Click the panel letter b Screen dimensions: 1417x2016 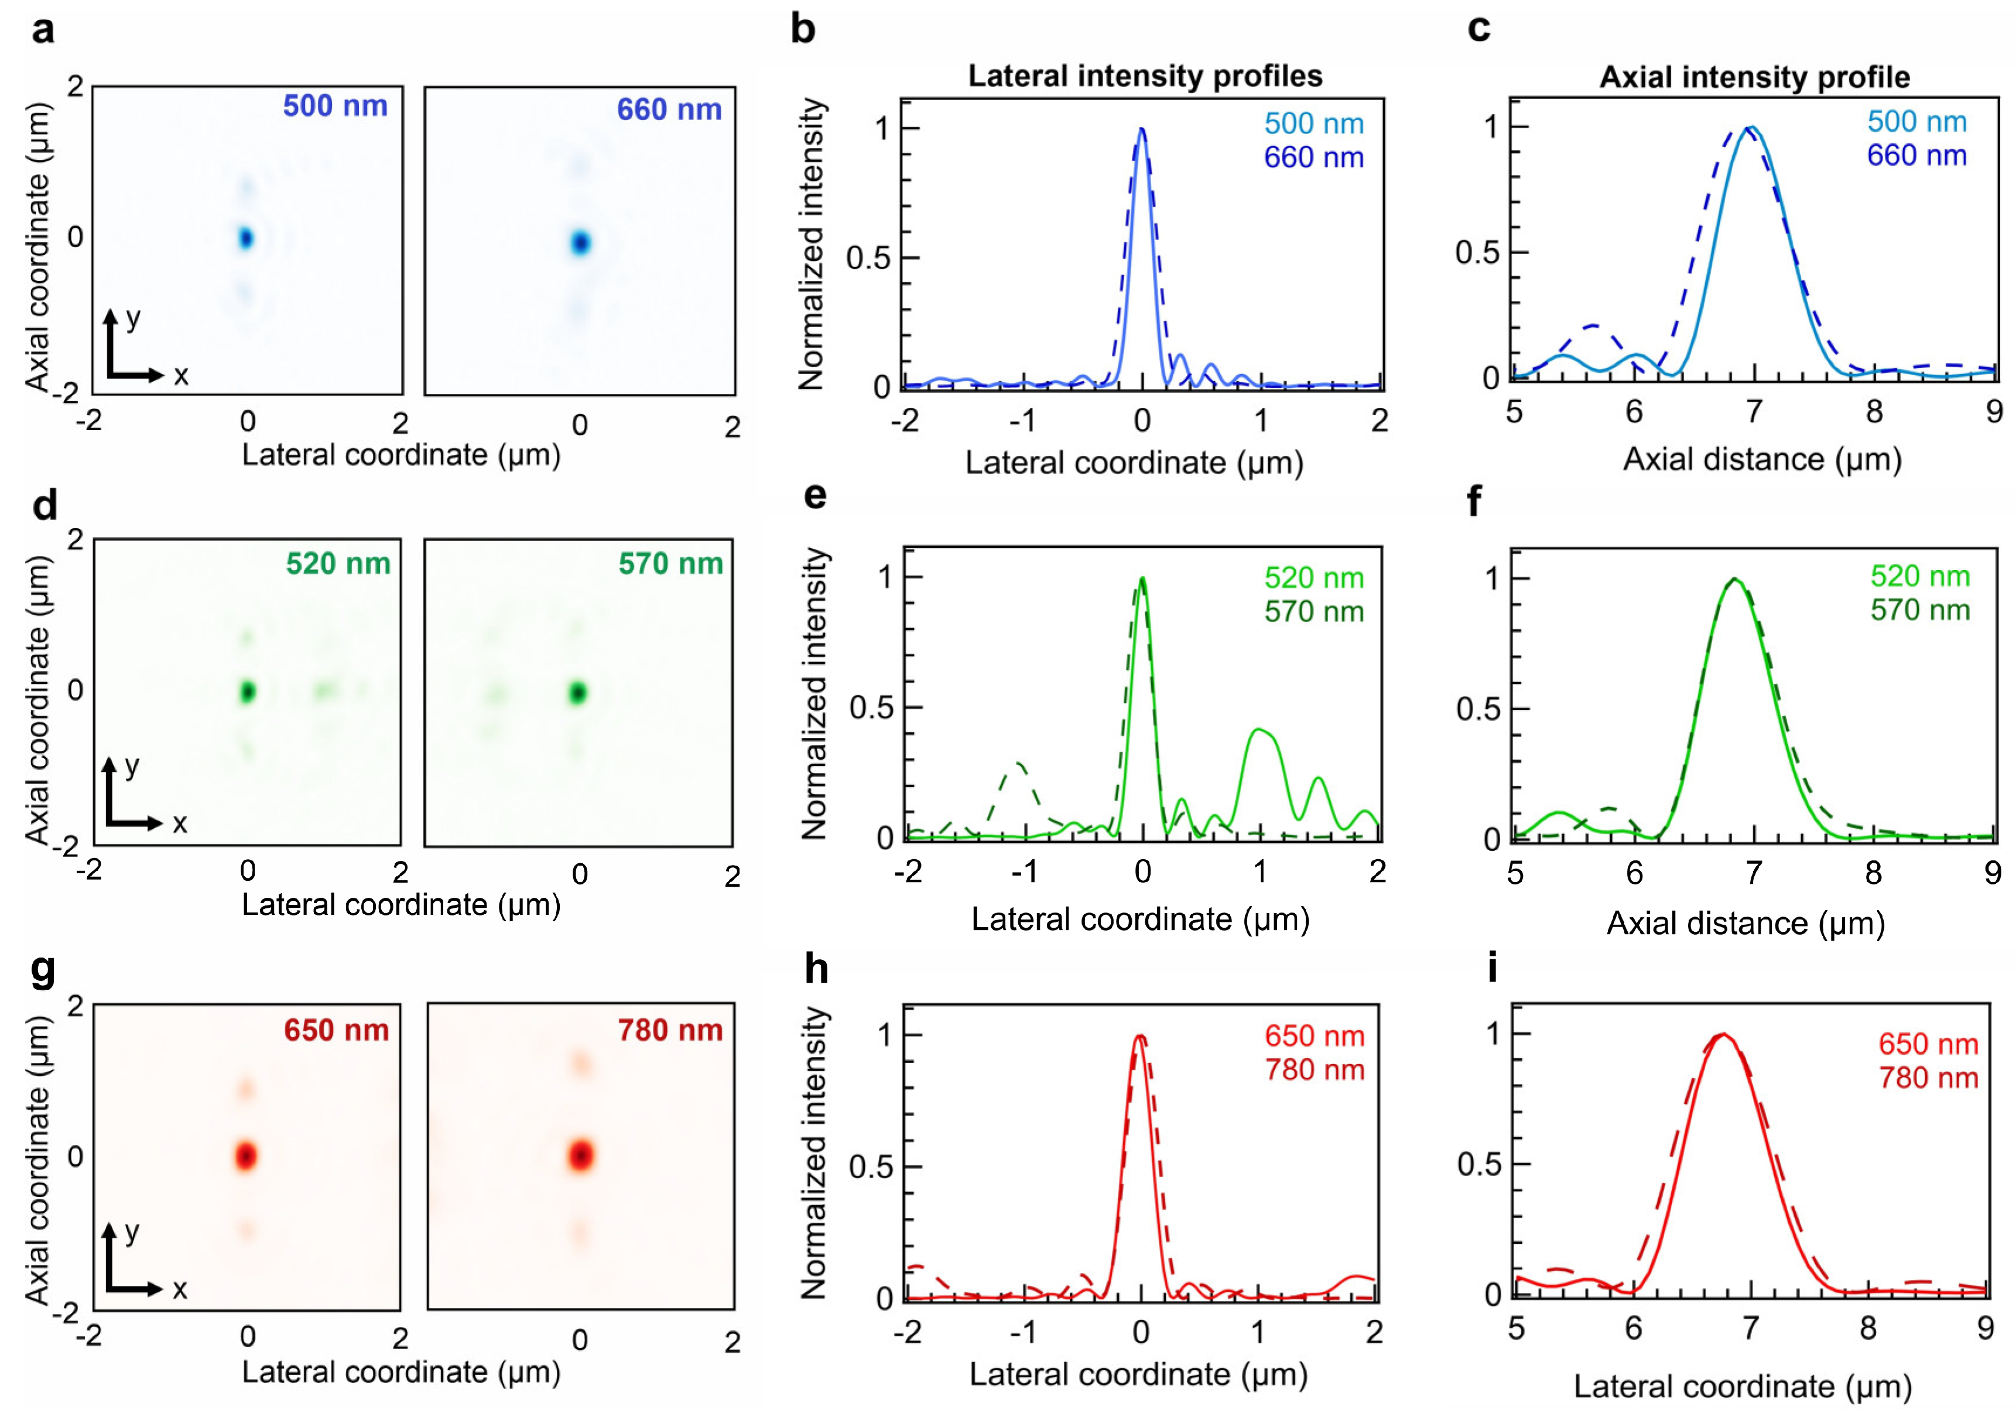click(x=803, y=30)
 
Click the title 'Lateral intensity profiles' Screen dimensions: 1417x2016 click(x=1144, y=76)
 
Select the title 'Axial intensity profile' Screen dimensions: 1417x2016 click(x=1754, y=77)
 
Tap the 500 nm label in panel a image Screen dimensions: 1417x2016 click(x=334, y=107)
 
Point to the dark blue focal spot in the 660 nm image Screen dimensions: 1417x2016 click(x=580, y=242)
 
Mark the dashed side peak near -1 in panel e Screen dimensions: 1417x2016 click(x=1018, y=764)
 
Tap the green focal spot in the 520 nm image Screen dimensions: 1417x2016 click(x=248, y=692)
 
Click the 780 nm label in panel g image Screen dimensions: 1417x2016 click(x=670, y=1030)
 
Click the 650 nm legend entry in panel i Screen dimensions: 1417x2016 click(x=1928, y=1044)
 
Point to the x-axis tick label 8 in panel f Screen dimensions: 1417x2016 click(x=1873, y=873)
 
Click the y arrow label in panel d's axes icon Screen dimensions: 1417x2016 click(x=132, y=767)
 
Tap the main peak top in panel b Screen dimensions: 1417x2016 click(x=1141, y=130)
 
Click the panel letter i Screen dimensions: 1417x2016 click(x=1492, y=968)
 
